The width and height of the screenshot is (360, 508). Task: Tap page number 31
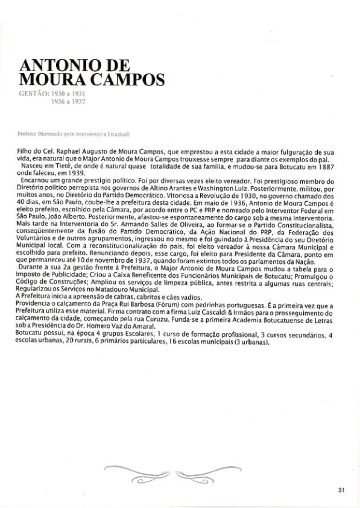tap(341, 489)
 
